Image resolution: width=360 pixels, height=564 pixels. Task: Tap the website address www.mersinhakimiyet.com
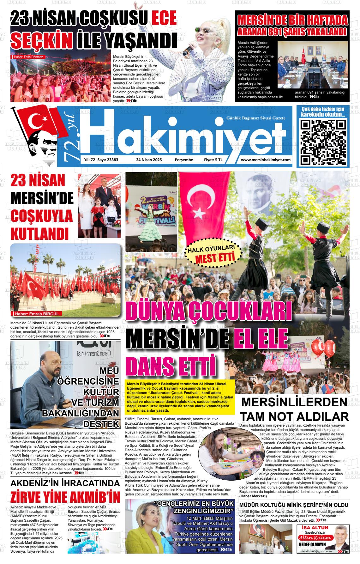pos(266,160)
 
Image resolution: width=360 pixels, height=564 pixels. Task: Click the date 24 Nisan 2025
pos(149,160)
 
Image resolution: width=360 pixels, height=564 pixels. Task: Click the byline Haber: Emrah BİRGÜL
pos(37,314)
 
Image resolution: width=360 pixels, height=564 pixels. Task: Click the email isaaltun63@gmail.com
pos(316,560)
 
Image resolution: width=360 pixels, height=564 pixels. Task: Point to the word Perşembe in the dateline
pos(184,160)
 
